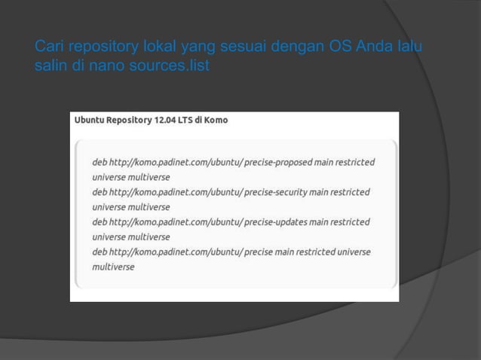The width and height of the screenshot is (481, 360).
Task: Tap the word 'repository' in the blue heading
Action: point(98,49)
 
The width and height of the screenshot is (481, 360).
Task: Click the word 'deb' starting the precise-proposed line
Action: point(100,162)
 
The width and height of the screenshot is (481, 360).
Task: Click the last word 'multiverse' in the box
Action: point(113,267)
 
